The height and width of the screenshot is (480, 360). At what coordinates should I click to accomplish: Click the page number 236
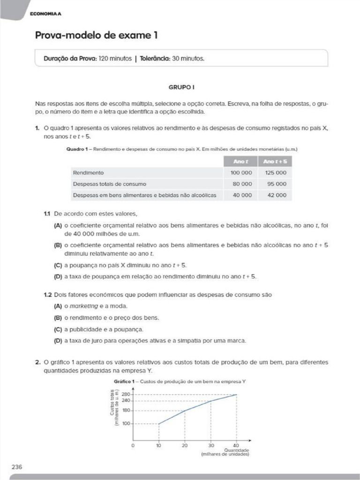pos(17,466)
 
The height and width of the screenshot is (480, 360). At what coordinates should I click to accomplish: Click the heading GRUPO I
pos(181,87)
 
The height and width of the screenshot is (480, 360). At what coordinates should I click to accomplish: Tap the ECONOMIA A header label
pos(45,14)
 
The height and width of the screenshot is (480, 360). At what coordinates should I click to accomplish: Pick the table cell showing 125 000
pos(276,173)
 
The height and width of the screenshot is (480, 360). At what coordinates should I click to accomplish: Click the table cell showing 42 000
pos(277,195)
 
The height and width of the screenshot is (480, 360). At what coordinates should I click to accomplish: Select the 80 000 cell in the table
pos(241,184)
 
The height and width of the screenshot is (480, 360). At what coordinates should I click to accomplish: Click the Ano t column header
pos(241,162)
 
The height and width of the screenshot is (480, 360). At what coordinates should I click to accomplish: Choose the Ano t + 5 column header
pos(276,162)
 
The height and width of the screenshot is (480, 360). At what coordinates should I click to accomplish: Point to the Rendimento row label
pos(88,173)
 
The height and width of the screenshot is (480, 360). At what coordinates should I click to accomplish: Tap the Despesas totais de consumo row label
pos(109,184)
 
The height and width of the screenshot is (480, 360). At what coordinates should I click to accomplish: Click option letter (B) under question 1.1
pos(58,245)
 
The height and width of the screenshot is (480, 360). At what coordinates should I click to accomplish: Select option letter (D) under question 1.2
pos(58,340)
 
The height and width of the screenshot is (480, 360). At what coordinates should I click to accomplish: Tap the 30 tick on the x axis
pos(211,445)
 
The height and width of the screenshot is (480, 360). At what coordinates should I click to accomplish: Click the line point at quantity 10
pos(159,424)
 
